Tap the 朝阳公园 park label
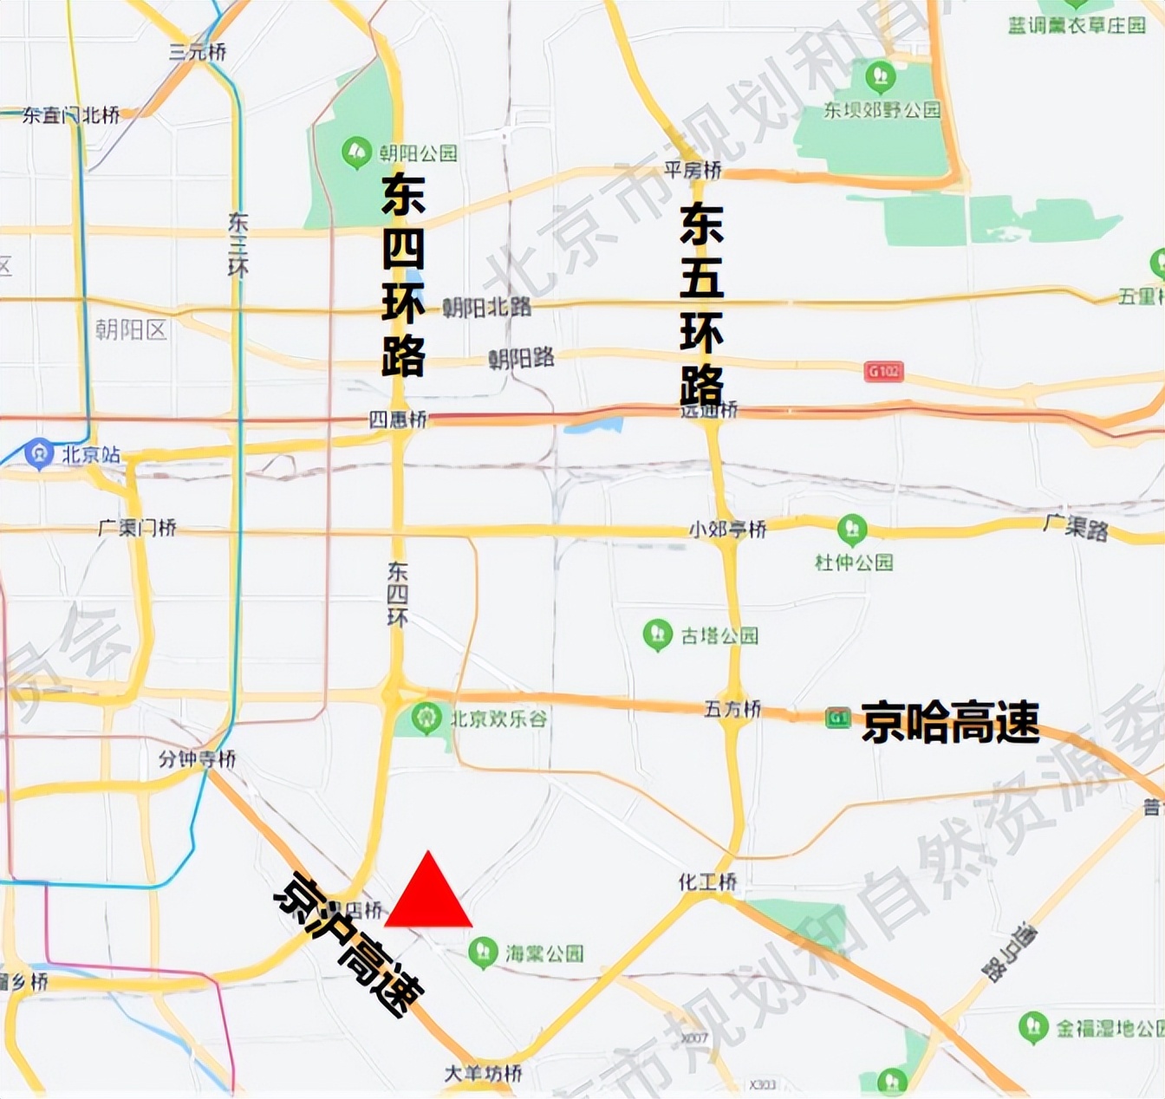(x=418, y=153)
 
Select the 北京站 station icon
(x=38, y=453)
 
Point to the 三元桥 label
(x=198, y=52)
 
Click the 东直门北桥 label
(x=71, y=114)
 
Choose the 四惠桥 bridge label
(x=398, y=420)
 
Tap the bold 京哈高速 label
(x=950, y=722)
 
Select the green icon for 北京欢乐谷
(x=426, y=718)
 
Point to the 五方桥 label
(x=732, y=709)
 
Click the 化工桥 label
(x=707, y=882)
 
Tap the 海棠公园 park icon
(x=483, y=953)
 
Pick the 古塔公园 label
(x=719, y=636)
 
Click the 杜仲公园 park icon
(x=852, y=528)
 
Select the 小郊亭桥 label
(x=728, y=528)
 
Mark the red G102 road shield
(x=883, y=371)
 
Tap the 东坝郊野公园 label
(x=882, y=110)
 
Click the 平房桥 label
(x=693, y=170)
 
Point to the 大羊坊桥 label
(x=483, y=1073)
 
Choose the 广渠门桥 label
(x=137, y=527)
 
